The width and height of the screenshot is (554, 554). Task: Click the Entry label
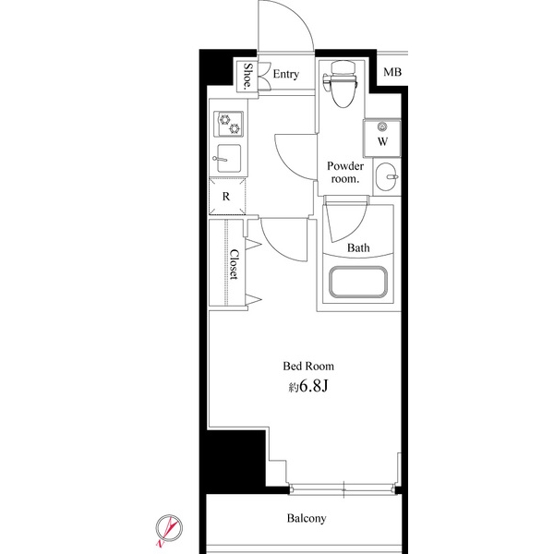(x=286, y=74)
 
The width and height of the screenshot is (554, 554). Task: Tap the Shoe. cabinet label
(x=248, y=76)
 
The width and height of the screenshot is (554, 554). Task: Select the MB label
(x=392, y=72)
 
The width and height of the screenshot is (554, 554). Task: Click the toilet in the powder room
(x=340, y=84)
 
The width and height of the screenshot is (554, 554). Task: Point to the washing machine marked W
(x=382, y=138)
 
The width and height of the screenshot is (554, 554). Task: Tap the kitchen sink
(x=228, y=159)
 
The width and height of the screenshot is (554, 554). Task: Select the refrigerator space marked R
(x=227, y=196)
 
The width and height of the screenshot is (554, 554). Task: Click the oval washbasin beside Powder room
(x=387, y=176)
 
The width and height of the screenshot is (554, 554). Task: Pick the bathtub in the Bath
(x=358, y=282)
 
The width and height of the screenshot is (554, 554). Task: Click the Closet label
(x=235, y=264)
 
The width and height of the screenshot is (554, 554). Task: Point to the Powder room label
(x=345, y=172)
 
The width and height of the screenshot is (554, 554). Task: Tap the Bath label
(x=358, y=247)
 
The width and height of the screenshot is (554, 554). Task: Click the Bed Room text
(x=308, y=366)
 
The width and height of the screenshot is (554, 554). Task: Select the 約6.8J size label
(x=308, y=387)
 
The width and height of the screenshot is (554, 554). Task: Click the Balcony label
(x=307, y=518)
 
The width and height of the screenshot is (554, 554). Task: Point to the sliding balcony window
(x=343, y=489)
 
